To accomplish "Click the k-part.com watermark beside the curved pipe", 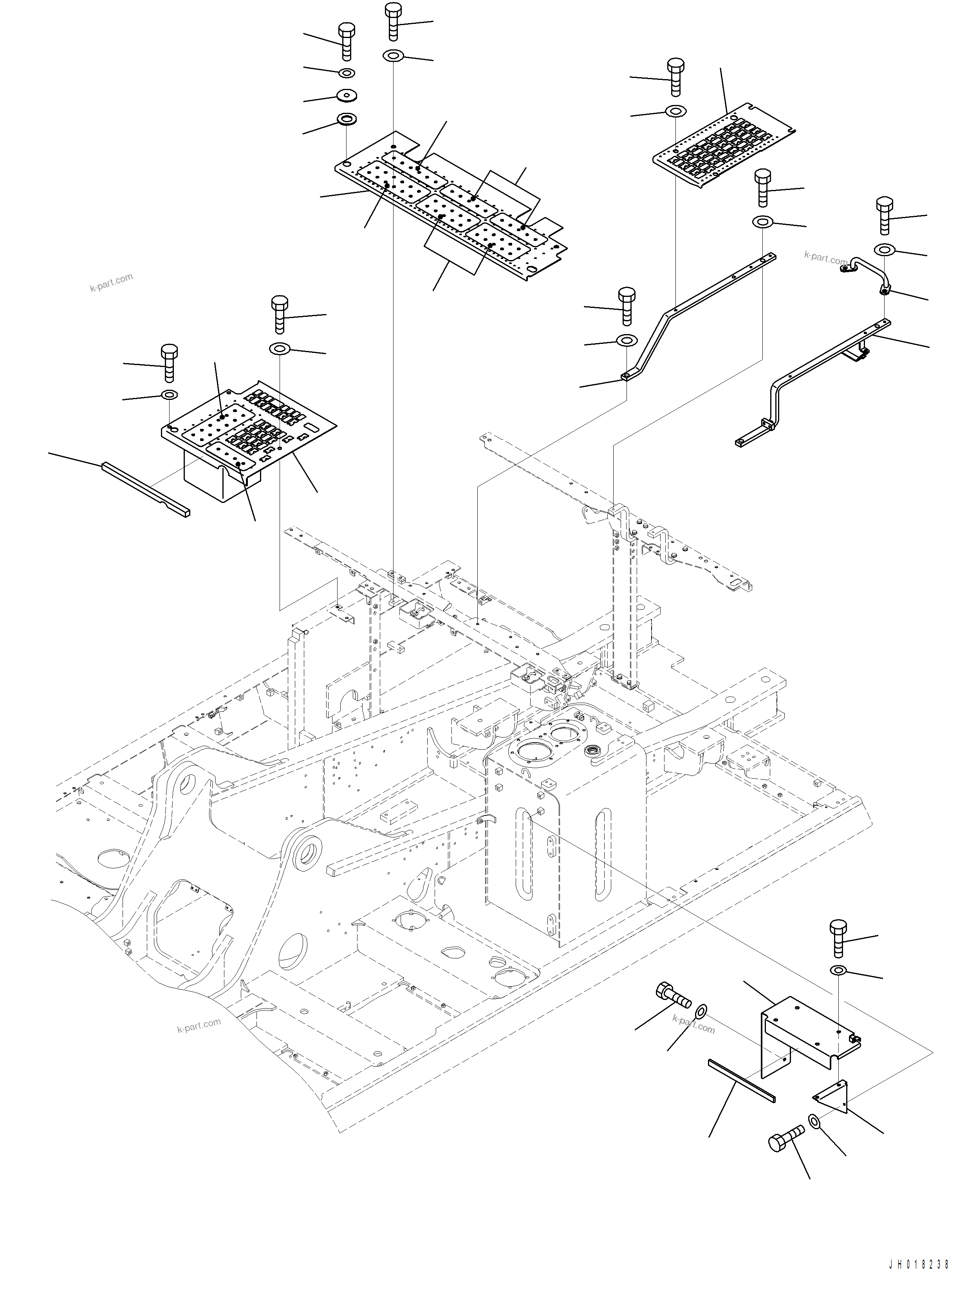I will [825, 257].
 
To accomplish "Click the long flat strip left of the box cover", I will [145, 489].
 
